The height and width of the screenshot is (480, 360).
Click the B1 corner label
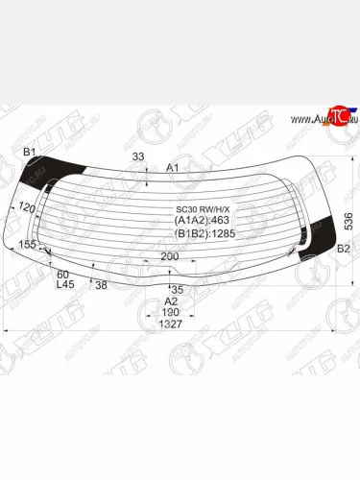29,153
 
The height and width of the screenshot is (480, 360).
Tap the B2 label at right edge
343,249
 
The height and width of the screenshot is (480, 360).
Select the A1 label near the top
174,168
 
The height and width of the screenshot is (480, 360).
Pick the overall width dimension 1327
171,324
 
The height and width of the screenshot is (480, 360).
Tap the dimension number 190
171,312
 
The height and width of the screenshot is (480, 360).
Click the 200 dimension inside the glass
170,256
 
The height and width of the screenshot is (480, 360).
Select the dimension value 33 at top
139,157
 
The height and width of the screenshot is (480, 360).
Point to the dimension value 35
176,289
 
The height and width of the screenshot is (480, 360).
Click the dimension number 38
101,284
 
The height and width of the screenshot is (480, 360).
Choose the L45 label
65,284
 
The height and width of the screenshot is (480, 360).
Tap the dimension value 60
63,274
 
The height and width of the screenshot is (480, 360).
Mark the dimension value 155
27,245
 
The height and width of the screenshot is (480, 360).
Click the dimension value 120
26,207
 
